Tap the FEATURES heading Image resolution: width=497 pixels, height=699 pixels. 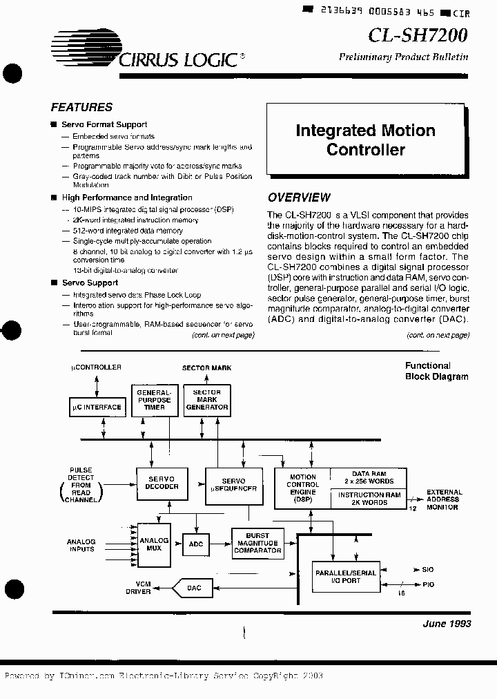(81, 107)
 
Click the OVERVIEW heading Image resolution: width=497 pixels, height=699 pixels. (299, 197)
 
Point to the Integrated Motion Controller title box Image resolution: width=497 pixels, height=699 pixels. (365, 140)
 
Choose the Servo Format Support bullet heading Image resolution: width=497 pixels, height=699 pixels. (104, 125)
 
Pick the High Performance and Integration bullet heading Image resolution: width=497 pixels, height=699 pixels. (127, 198)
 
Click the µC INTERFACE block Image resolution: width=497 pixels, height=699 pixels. (97, 408)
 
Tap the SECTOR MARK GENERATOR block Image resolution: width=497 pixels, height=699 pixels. (207, 400)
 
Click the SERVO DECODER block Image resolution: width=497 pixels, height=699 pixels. (164, 482)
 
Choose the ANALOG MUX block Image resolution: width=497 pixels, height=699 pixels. (154, 544)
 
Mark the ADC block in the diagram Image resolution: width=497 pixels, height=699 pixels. (197, 544)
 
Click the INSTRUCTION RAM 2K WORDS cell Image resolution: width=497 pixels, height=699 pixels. (369, 499)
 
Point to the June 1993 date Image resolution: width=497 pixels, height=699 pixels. (447, 624)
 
